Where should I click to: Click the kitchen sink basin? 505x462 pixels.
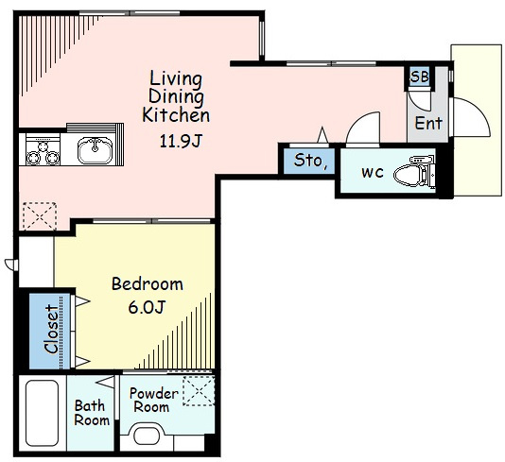click(x=95, y=150)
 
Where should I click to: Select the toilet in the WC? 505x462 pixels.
click(x=414, y=172)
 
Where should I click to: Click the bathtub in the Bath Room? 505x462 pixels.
click(x=42, y=413)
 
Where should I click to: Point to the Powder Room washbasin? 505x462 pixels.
click(x=147, y=436)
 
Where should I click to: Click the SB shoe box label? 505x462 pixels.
click(x=420, y=77)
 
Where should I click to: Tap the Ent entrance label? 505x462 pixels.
click(x=428, y=123)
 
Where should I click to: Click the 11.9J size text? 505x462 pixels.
click(x=181, y=141)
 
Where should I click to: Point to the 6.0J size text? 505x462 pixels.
click(x=147, y=308)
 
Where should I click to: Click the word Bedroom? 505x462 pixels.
click(x=148, y=284)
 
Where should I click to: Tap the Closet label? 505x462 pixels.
click(x=51, y=329)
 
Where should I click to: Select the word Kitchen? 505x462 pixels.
click(x=176, y=115)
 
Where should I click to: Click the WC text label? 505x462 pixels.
click(x=373, y=173)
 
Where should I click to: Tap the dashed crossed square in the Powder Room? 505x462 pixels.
click(x=199, y=391)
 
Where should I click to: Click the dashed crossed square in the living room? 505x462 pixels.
click(x=40, y=215)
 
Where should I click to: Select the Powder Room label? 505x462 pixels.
click(x=153, y=401)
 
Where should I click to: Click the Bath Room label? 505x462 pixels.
click(x=92, y=413)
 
